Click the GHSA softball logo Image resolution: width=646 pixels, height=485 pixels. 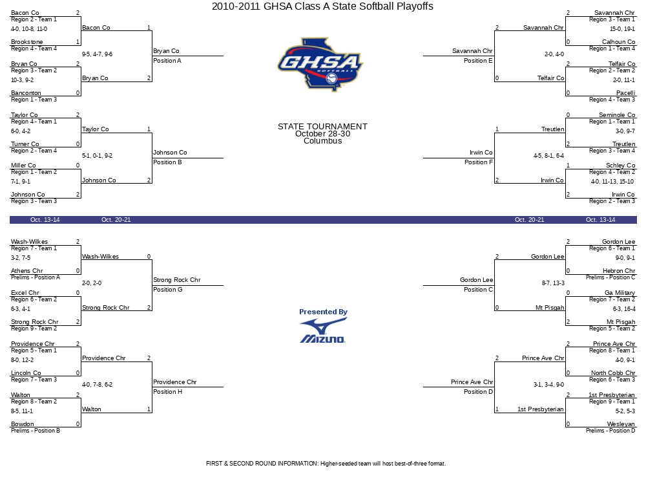tap(320, 64)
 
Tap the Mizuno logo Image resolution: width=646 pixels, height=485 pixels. tap(322, 331)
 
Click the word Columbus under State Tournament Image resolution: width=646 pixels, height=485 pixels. tap(322, 141)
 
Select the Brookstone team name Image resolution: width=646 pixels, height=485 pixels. tap(27, 42)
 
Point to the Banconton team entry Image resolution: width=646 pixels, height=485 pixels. tap(26, 93)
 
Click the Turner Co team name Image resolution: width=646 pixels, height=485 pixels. tap(25, 144)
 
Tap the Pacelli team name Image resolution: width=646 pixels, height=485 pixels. tap(625, 93)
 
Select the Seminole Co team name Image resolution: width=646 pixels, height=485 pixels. tap(617, 115)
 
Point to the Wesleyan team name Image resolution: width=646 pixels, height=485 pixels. tap(621, 424)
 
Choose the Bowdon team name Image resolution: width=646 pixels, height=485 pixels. tap(23, 424)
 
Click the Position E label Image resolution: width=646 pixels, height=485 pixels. tap(478, 61)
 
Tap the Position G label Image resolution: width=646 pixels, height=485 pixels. tap(167, 290)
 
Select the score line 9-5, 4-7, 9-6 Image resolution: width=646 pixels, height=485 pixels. tap(97, 54)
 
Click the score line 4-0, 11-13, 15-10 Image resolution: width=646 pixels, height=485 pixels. tap(612, 182)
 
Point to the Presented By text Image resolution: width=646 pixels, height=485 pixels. tap(323, 312)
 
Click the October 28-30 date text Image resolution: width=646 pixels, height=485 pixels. tap(322, 134)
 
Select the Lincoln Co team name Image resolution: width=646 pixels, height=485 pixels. tap(26, 373)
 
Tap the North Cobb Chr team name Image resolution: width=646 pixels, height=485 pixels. tap(613, 373)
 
